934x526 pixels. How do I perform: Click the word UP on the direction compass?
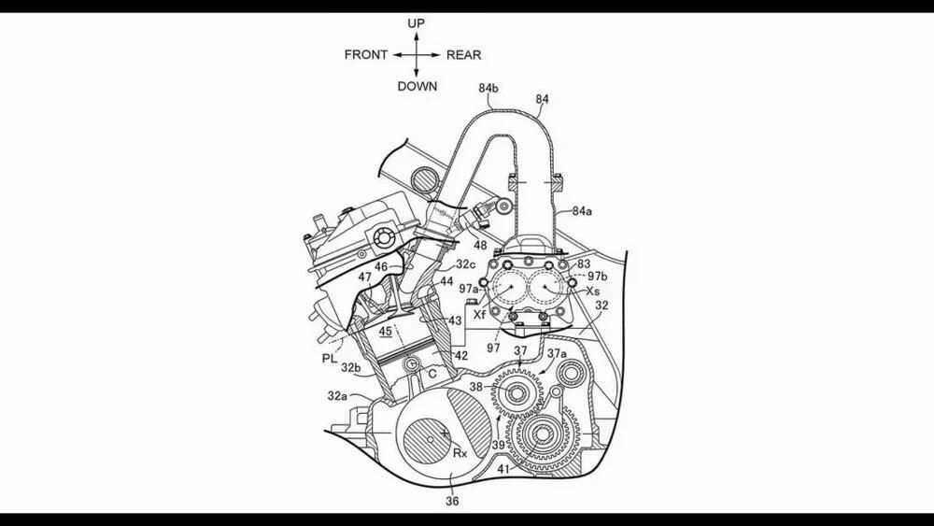tap(416, 22)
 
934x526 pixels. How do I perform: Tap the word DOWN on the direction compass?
tap(417, 86)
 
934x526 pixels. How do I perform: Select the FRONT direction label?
tap(366, 54)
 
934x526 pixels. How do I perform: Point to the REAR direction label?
tap(463, 54)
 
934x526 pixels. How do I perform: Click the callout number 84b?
tap(488, 88)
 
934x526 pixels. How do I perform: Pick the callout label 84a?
tap(582, 212)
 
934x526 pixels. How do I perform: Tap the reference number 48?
tap(480, 246)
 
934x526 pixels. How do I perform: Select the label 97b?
tap(598, 277)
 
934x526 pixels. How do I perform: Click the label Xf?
tap(479, 315)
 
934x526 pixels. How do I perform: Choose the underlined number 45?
tap(387, 330)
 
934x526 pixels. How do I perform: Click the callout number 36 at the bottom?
tap(452, 502)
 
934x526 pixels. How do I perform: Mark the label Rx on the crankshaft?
tap(460, 453)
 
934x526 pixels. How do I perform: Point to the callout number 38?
tap(476, 385)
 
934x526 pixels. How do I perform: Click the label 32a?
tap(337, 396)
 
